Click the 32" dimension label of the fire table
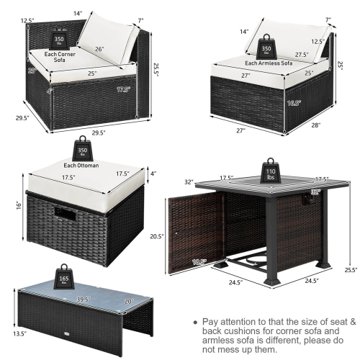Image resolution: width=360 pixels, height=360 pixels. click(189, 181)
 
